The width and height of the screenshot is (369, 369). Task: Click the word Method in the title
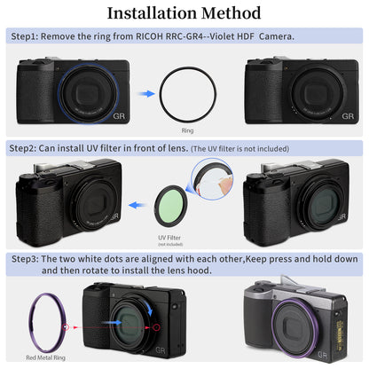click(231, 13)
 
